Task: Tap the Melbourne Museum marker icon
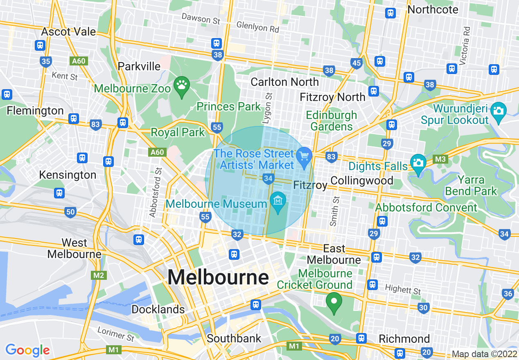(x=278, y=201)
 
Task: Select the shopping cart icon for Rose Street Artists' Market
(x=304, y=156)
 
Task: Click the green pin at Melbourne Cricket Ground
(x=334, y=302)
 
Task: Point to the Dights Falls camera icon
(x=418, y=162)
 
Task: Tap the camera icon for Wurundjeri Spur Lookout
(x=498, y=110)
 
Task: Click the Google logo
(x=27, y=350)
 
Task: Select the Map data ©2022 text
(x=484, y=354)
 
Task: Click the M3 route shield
(x=440, y=159)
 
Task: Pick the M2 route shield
(x=99, y=275)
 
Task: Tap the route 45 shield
(x=357, y=63)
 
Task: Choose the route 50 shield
(x=70, y=211)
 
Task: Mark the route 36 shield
(x=508, y=293)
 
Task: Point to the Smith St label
(x=335, y=211)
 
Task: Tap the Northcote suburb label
(x=433, y=10)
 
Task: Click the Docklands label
(x=158, y=309)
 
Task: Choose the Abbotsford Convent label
(x=426, y=207)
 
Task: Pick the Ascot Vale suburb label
(x=68, y=32)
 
